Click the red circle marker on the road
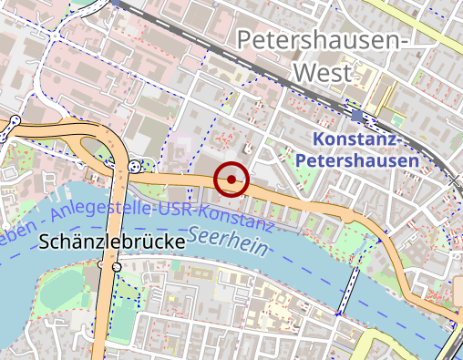point(232,180)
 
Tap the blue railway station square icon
point(356,117)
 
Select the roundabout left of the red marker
point(136,166)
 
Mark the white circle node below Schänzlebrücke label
point(117,266)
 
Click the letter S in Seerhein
point(212,233)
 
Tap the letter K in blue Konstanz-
point(318,139)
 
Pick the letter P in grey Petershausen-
point(244,40)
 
